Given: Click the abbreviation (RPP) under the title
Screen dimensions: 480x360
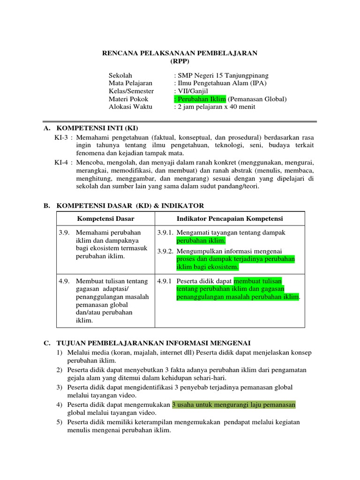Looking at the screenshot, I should click(180, 61).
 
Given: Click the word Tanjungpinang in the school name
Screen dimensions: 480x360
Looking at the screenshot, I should click(245, 75).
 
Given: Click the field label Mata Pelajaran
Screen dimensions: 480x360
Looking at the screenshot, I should click(131, 83).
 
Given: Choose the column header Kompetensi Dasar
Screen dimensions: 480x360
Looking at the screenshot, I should click(105, 219).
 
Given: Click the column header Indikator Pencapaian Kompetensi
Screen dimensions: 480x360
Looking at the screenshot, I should click(230, 219).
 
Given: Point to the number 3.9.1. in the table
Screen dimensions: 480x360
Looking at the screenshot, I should click(166, 232).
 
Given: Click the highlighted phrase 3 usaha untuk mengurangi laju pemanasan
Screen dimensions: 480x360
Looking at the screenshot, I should click(234, 405).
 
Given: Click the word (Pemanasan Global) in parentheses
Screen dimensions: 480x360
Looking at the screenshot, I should click(257, 99).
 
